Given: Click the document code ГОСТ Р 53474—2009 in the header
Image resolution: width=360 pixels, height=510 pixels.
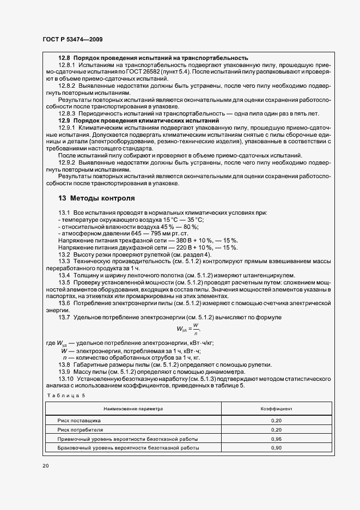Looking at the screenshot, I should pos(72,40).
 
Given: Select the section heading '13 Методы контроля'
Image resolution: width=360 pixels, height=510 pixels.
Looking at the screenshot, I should pos(96,198).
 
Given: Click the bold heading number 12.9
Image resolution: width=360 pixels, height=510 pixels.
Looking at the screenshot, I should pos(65,120).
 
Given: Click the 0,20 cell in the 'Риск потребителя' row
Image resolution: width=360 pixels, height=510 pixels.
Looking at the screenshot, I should pos(276,430).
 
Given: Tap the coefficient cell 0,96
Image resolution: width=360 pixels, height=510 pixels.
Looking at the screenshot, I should pos(276,439).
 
